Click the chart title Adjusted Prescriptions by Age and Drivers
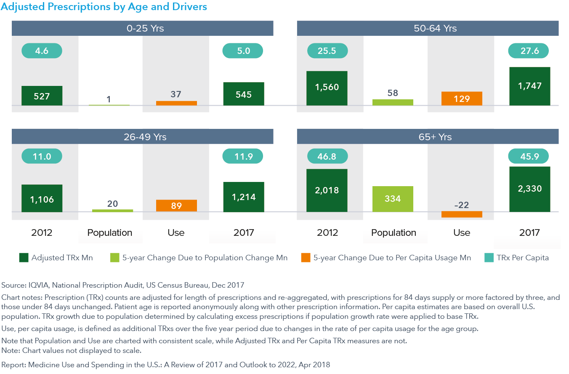104,7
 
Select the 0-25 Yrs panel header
142,29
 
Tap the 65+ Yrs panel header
428,137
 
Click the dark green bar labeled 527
42,96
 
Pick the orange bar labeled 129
462,99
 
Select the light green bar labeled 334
393,199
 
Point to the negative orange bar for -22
462,214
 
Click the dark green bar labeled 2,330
529,189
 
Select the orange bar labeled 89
176,206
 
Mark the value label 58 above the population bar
393,93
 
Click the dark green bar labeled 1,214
244,197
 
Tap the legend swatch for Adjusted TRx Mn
24,258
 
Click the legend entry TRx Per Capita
522,258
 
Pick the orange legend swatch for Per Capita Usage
306,258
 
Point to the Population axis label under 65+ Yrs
394,232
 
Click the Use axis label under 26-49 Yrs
176,232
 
